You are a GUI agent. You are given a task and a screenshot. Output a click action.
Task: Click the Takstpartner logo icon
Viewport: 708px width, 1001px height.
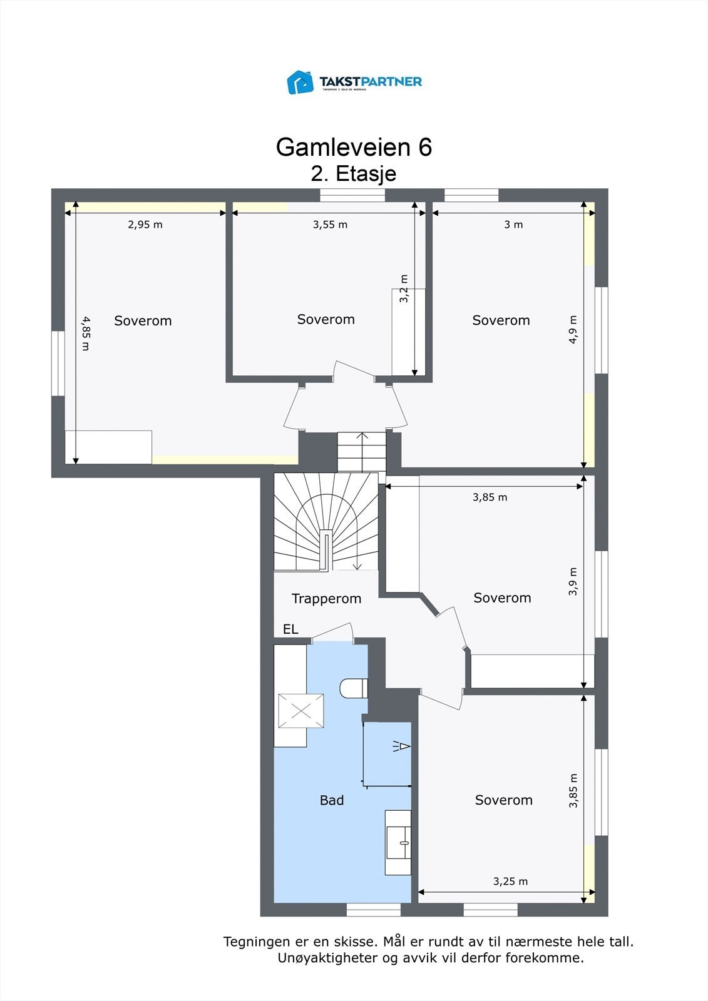coord(300,82)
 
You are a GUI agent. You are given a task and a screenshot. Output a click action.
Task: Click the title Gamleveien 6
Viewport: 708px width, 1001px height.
coord(354,147)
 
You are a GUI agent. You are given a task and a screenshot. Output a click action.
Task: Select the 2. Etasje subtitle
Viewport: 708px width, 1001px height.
coord(354,173)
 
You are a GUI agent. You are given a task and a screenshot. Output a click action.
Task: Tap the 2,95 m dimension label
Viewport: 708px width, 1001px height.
coord(145,225)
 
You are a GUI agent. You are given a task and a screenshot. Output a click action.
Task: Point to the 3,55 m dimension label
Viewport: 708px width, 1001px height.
coord(330,225)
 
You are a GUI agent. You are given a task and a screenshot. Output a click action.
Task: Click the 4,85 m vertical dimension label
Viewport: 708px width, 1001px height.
coord(85,333)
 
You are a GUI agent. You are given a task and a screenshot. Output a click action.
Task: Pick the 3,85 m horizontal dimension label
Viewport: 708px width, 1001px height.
coord(490,497)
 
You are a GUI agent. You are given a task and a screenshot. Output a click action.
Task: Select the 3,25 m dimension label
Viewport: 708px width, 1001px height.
coord(510,882)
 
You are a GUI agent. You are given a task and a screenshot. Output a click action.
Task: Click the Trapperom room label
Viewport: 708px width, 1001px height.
coord(326,599)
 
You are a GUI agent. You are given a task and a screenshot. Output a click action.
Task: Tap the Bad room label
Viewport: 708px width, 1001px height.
coord(332,800)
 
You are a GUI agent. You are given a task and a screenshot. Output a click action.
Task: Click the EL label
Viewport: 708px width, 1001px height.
coord(290,629)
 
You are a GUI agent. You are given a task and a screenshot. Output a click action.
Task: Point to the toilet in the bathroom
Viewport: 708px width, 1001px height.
coord(353,689)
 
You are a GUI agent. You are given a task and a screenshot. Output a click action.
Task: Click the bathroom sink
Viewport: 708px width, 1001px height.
coord(398,842)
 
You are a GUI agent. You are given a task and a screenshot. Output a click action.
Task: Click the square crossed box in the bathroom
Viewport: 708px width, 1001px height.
coord(301,711)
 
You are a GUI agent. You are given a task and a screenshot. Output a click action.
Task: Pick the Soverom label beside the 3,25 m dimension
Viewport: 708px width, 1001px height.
coord(503,800)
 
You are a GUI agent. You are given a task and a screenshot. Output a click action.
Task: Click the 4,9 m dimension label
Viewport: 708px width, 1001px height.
coord(573,330)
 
